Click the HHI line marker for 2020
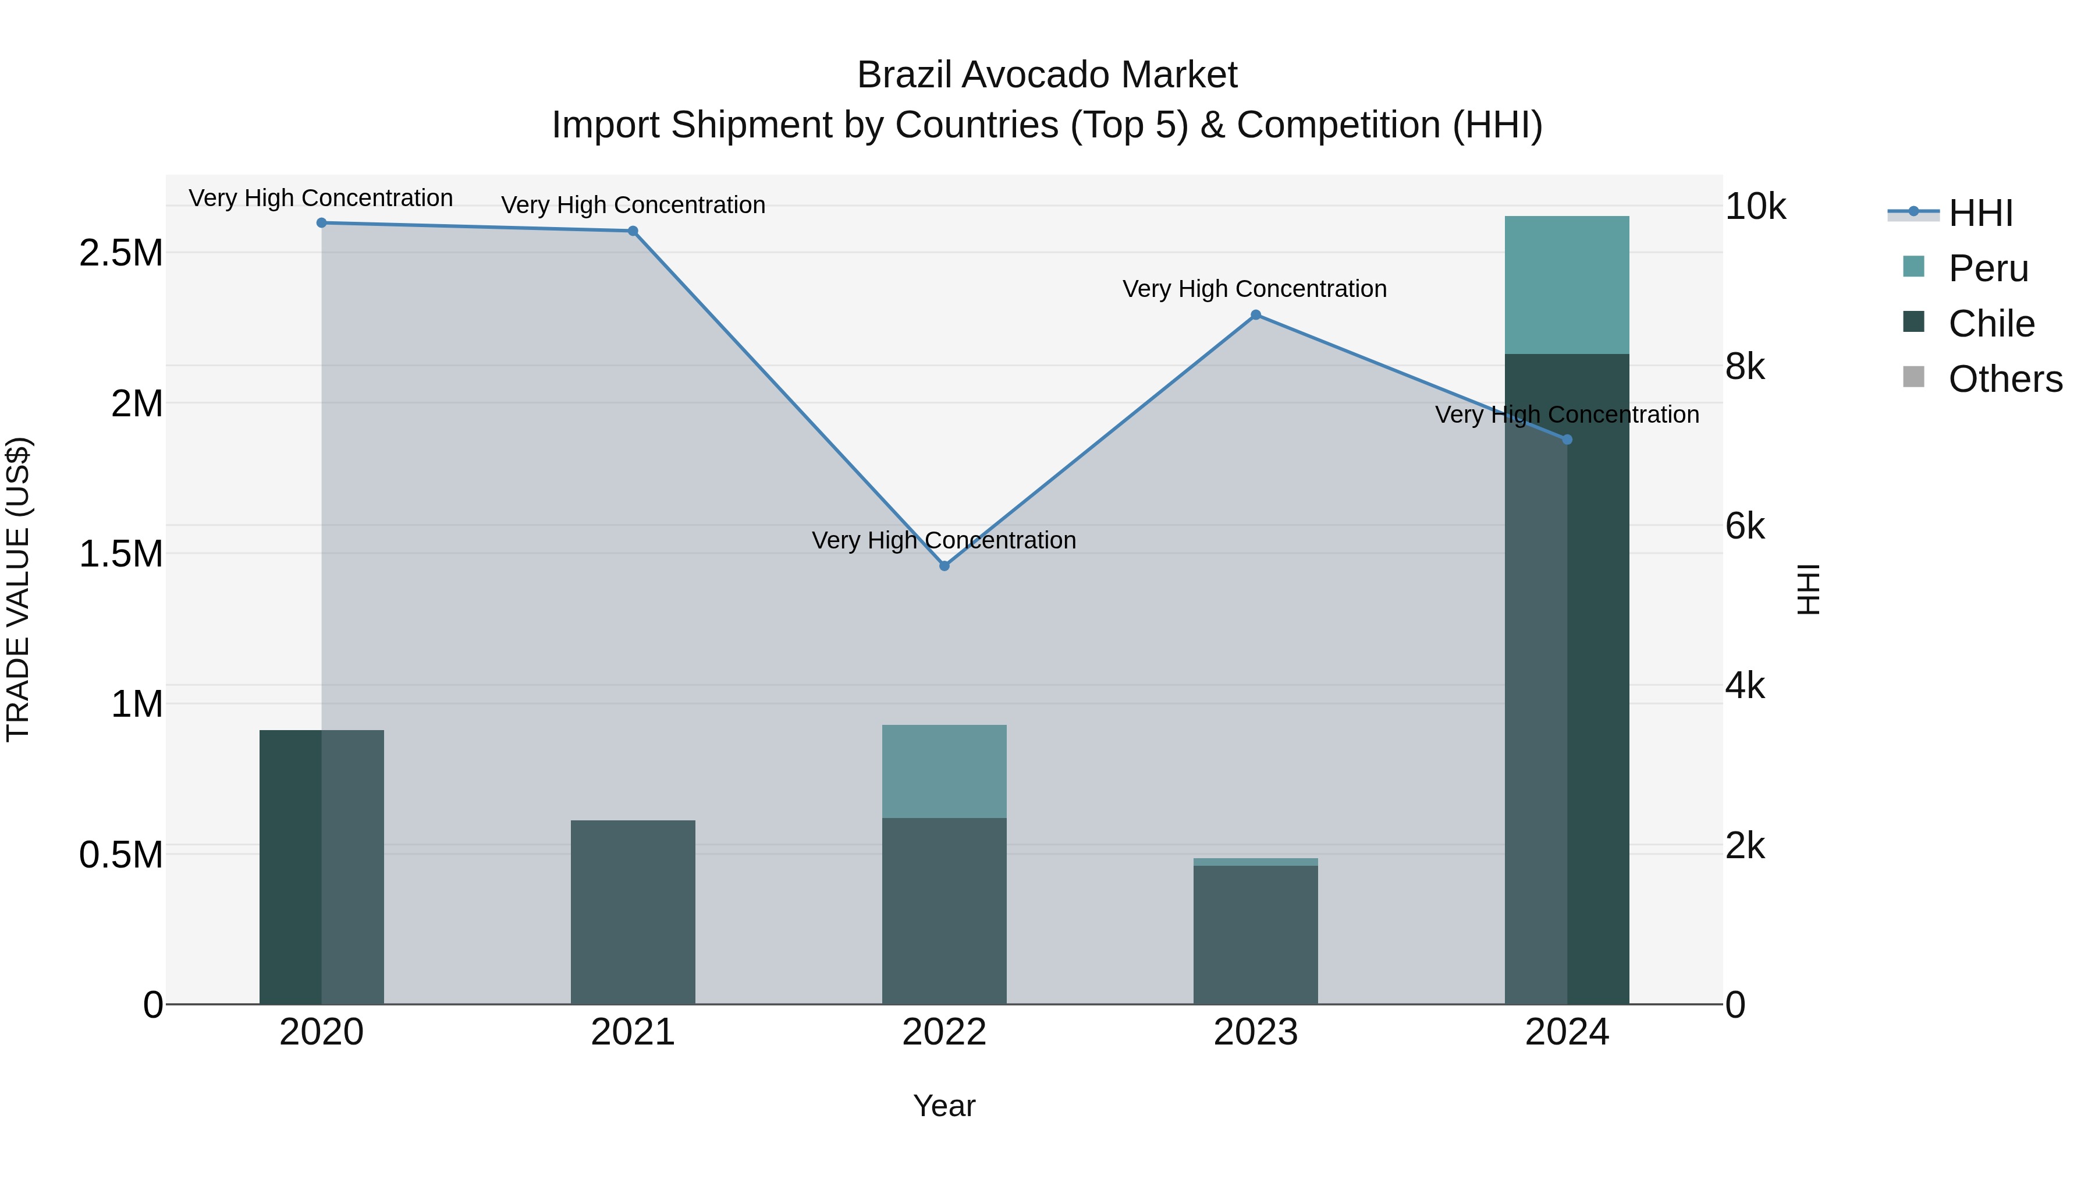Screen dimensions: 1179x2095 pos(321,223)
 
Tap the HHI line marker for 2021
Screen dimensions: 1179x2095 pos(633,231)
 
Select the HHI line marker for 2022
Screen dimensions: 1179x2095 pos(944,565)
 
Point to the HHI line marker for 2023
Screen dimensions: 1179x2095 pos(1256,315)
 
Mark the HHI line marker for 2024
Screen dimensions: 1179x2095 pos(1567,440)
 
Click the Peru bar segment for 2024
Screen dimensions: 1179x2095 pos(1567,285)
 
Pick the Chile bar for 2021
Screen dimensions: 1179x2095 pos(633,911)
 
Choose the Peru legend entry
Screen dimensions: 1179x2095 pos(1988,268)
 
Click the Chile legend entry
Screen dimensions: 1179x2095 pos(1991,324)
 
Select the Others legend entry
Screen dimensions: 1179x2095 pos(2005,379)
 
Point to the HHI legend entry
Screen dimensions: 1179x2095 pos(1980,213)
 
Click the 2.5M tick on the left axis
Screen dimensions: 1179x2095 pos(121,253)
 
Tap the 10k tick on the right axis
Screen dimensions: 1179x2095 pos(1755,207)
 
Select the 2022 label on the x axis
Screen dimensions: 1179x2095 pos(944,1032)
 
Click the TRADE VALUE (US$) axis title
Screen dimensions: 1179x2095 pos(18,589)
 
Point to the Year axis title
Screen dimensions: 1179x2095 pos(944,1106)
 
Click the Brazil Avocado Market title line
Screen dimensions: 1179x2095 pos(1047,75)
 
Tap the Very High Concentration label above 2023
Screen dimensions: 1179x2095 pos(1255,289)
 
